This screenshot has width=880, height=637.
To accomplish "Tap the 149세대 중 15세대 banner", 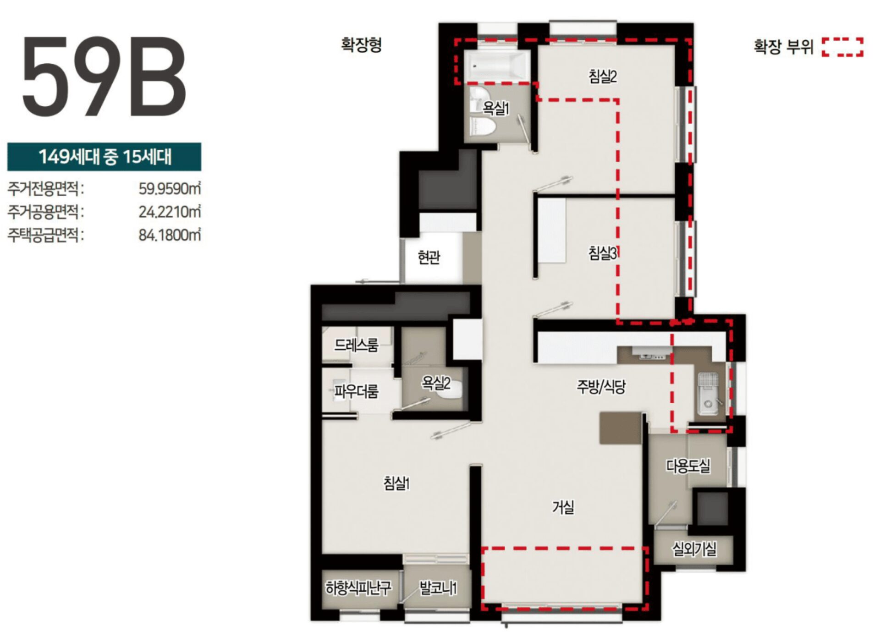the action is (104, 157).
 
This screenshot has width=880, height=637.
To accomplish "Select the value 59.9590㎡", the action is (170, 188).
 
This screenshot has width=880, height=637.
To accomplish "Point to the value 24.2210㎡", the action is (170, 212).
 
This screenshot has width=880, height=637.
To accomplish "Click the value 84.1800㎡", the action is (170, 235).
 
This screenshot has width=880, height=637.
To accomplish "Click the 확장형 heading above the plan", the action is (361, 45).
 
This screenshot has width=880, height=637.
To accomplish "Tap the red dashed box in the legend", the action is (842, 47).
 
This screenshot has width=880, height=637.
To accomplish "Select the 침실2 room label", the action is (603, 76).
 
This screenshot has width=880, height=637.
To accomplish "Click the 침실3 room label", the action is (603, 253).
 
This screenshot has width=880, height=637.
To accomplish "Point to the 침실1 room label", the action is (396, 483).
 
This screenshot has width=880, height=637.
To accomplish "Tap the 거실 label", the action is (563, 507).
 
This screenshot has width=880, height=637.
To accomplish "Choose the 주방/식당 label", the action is (601, 387).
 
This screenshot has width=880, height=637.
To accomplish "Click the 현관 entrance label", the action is (429, 258).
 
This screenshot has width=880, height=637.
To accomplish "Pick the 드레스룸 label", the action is (357, 345).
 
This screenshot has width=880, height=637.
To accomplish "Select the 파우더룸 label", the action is (356, 391).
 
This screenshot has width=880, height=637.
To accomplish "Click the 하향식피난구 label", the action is (358, 588).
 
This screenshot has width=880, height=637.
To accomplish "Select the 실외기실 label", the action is (694, 549).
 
